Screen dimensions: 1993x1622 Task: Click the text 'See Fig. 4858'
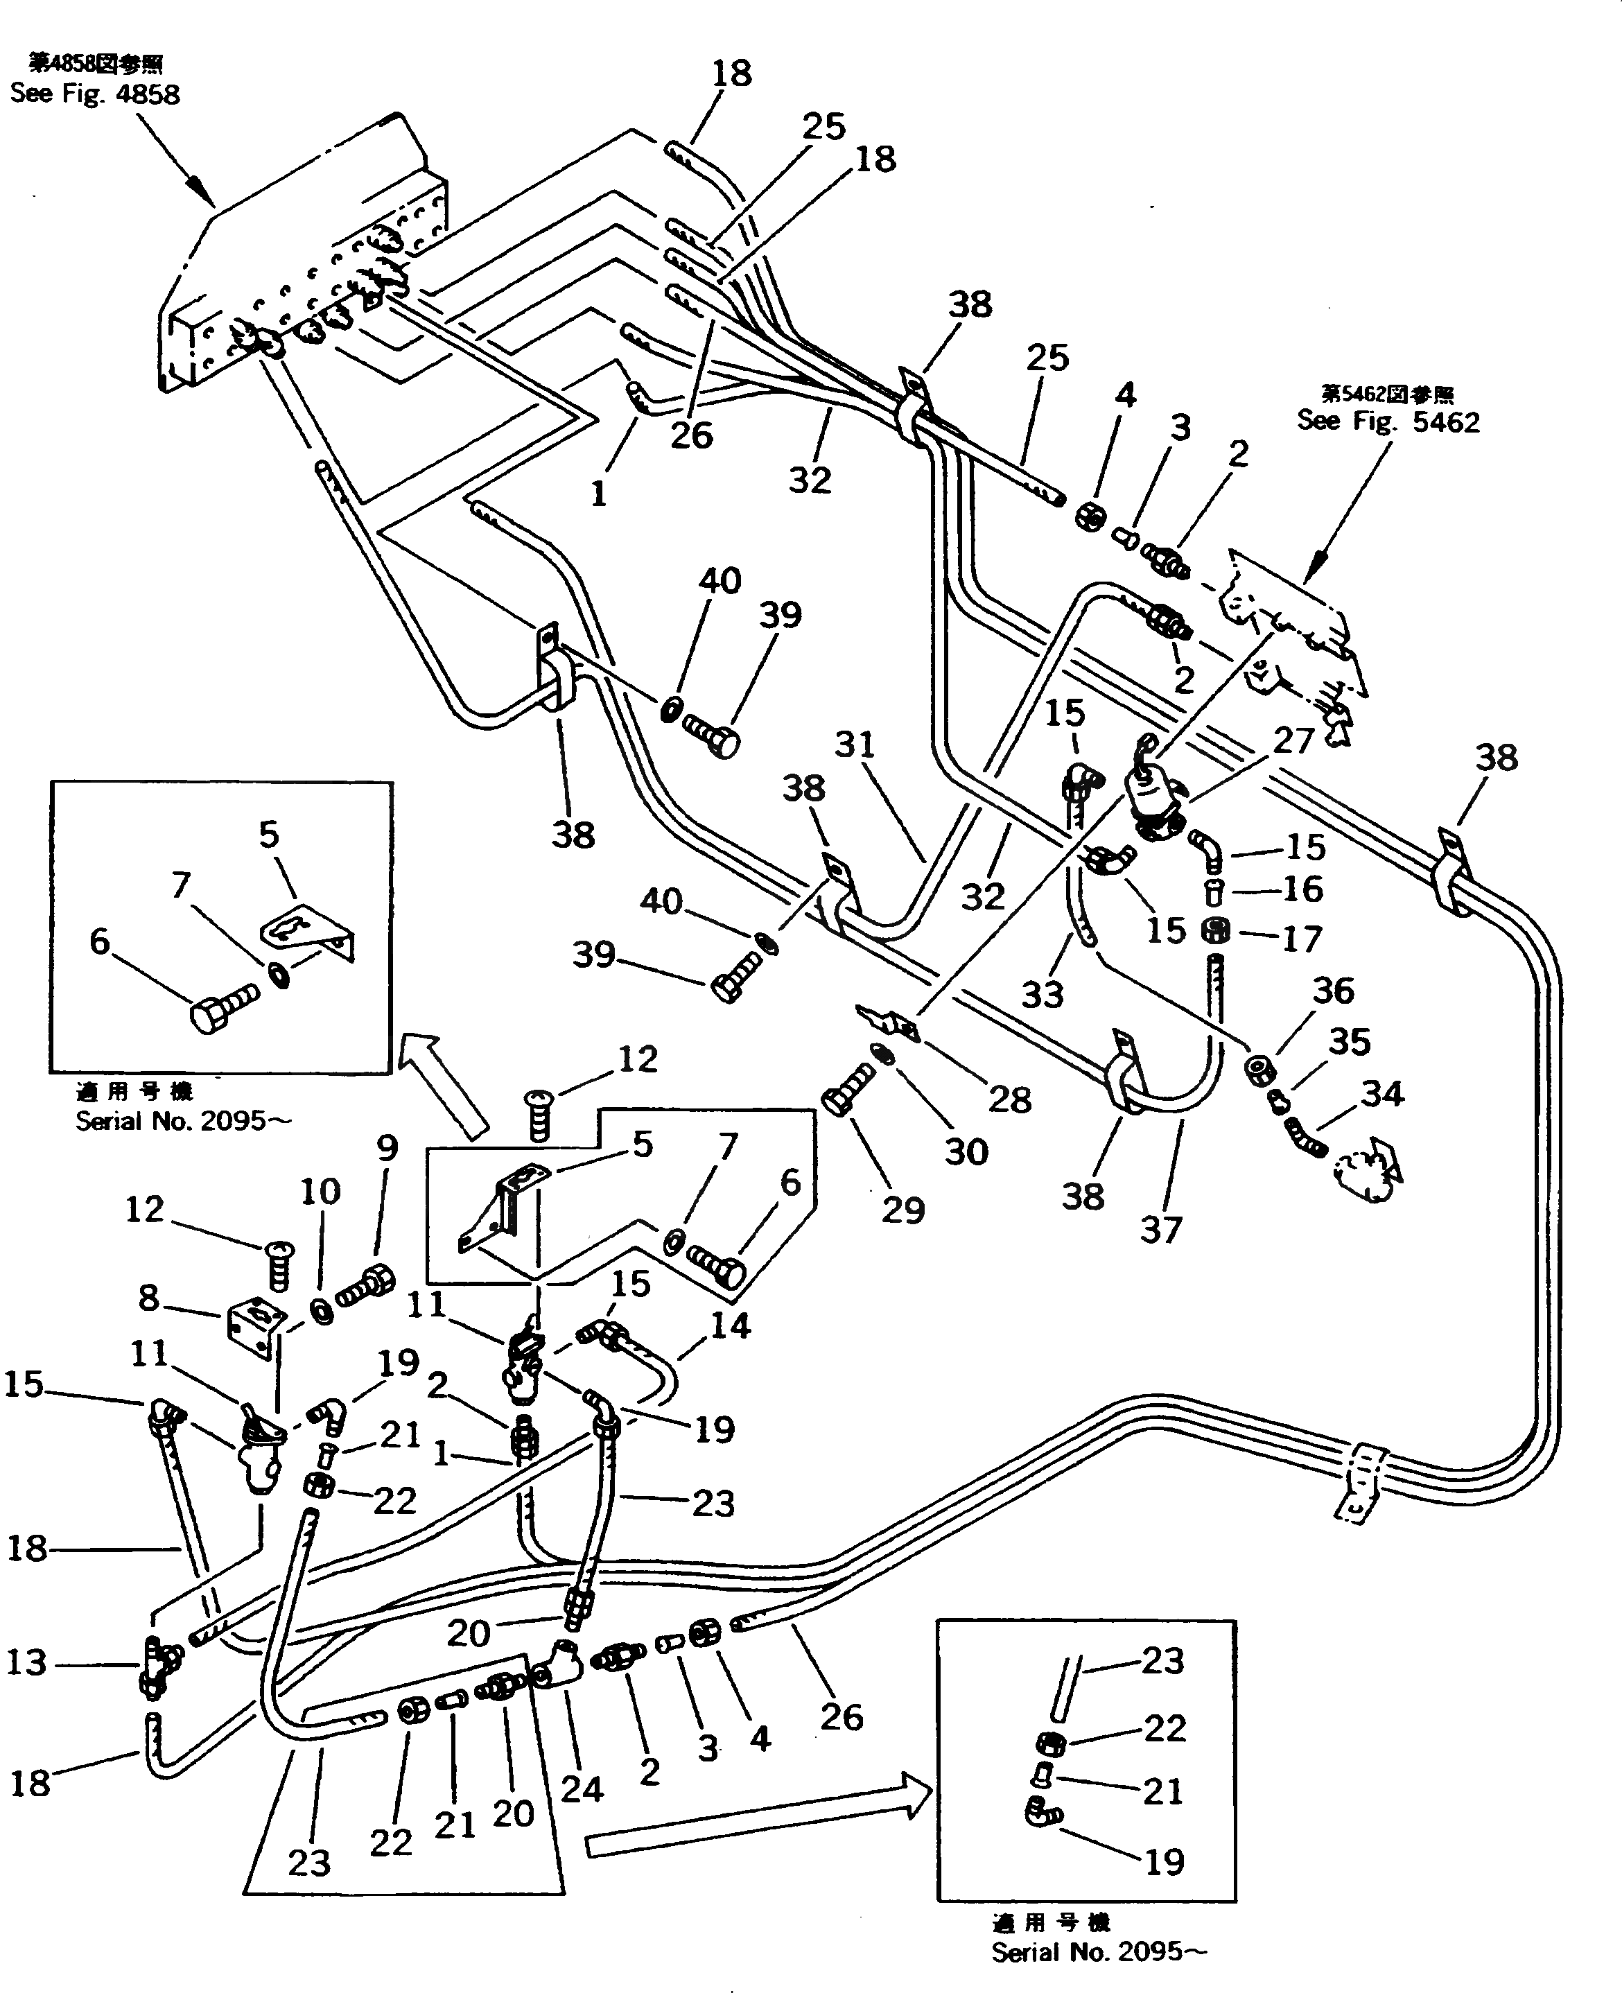[94, 94]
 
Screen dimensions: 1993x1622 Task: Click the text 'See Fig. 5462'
[1388, 421]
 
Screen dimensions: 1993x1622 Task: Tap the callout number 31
[855, 745]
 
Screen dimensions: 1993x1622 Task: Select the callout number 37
[1160, 1230]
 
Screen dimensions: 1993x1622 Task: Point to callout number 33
[1042, 994]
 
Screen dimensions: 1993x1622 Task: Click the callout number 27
[1293, 740]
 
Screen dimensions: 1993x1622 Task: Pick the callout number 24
[581, 1789]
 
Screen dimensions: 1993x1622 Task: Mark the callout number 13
[26, 1662]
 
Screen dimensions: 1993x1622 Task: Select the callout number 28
[1009, 1099]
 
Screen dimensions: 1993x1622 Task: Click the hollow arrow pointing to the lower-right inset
[757, 1824]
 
